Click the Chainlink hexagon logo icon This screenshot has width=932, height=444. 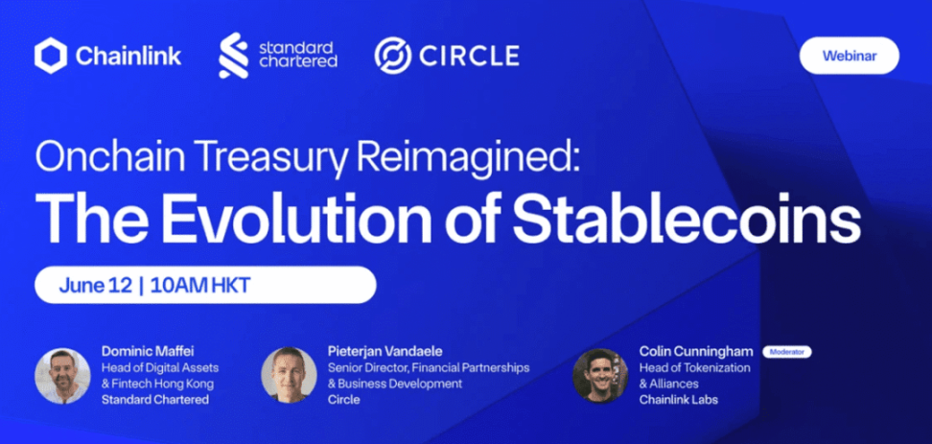pos(51,56)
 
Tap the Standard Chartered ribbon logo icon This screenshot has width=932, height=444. pos(234,56)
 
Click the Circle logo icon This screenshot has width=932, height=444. pos(393,56)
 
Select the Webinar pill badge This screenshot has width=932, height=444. pos(849,56)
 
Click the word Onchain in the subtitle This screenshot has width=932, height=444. pos(108,156)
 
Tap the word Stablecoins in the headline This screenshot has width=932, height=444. pos(687,216)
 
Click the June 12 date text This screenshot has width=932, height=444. pos(95,286)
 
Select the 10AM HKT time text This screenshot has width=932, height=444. pos(200,286)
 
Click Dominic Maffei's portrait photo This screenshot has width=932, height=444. pos(62,376)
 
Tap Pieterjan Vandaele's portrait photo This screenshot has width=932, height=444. pos(289,375)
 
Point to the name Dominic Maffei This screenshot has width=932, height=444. pos(148,351)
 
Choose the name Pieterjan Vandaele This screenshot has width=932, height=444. pos(385,351)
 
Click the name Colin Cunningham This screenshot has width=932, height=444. pos(696,352)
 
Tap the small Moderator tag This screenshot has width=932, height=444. pos(787,352)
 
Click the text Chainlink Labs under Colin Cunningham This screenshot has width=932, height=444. pos(678,400)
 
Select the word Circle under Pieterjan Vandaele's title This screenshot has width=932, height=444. pos(343,400)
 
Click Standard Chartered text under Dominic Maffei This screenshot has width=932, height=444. pos(155,400)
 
